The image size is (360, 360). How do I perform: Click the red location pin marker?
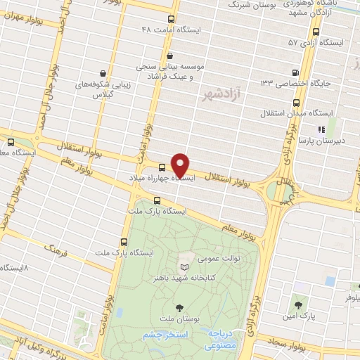181,165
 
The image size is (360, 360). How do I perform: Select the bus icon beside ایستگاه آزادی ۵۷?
316,32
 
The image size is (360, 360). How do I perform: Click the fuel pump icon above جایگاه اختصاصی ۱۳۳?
295,72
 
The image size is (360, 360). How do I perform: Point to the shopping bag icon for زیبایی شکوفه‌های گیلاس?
103,72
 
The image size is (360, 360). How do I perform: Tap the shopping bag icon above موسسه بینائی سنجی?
169,56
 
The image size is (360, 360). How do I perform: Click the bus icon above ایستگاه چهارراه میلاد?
162,167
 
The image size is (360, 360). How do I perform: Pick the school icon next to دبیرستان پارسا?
321,129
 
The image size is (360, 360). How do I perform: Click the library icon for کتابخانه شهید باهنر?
185,268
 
